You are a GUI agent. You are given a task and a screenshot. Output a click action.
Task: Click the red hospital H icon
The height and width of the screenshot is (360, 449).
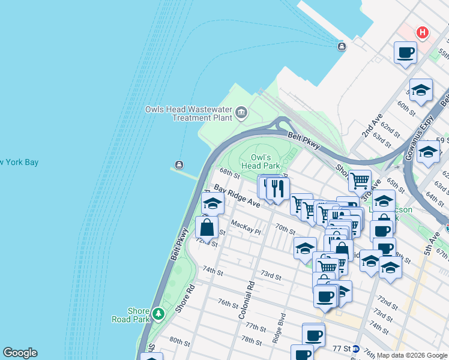click(x=423, y=32)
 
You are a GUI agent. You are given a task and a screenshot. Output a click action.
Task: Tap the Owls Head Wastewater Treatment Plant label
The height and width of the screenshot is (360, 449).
click(x=188, y=113)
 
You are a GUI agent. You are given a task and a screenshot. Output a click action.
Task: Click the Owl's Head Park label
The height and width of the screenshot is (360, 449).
click(x=261, y=161)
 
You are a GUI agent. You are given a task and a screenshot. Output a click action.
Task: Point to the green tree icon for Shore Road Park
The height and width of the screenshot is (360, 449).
click(x=158, y=314)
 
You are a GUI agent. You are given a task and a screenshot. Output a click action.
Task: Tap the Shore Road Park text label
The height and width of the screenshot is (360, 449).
click(x=138, y=315)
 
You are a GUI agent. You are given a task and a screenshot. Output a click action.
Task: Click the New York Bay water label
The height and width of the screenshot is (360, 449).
click(x=19, y=162)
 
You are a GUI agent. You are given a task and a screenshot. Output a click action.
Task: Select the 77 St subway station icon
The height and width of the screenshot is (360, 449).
click(x=356, y=349)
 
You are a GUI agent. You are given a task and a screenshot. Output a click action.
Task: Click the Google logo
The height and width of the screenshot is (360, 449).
click(x=19, y=353)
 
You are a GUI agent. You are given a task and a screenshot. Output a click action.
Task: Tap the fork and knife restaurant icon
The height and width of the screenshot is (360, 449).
click(x=277, y=188)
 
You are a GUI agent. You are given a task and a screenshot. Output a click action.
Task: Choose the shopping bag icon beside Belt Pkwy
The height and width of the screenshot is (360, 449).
click(x=206, y=228)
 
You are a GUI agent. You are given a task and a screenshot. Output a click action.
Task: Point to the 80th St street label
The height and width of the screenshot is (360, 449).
click(x=179, y=341)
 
